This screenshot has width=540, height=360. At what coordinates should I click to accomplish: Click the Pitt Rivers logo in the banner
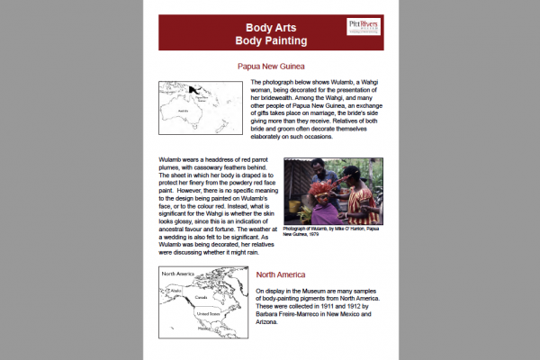tap(364, 27)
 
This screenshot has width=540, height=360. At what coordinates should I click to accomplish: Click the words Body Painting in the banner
tap(271, 41)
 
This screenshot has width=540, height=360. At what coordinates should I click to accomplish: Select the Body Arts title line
tap(271, 27)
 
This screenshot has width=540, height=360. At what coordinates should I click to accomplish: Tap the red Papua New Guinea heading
tap(271, 67)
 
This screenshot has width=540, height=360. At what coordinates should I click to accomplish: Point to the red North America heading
tap(287, 274)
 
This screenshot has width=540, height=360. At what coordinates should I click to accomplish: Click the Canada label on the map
tap(201, 295)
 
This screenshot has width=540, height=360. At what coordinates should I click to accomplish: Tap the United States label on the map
tap(208, 314)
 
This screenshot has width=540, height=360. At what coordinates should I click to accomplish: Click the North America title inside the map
tap(179, 272)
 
